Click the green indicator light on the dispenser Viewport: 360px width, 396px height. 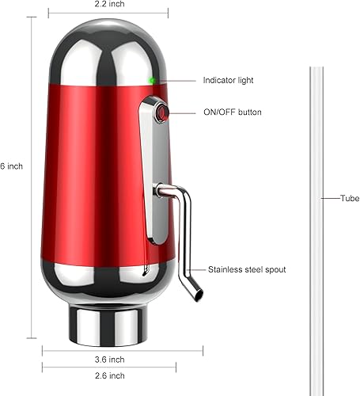[x=151, y=80]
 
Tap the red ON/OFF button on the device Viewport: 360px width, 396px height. [x=160, y=112]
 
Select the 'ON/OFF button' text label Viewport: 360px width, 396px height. [x=232, y=112]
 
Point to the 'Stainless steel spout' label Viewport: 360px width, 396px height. [x=248, y=269]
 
